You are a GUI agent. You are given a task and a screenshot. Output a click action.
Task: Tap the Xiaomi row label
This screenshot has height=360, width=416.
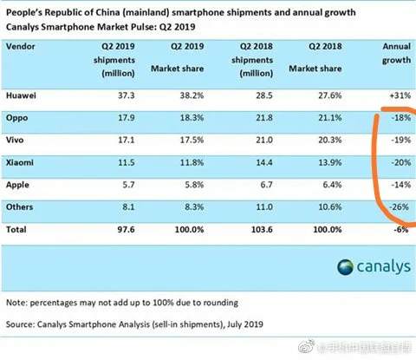pyautogui.click(x=23, y=161)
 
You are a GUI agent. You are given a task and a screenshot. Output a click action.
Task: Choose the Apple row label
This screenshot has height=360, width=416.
pyautogui.click(x=21, y=183)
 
